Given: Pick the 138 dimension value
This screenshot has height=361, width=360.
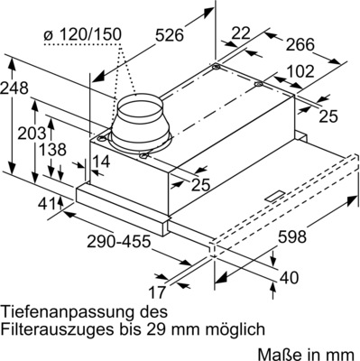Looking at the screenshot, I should pyautogui.click(x=51, y=150).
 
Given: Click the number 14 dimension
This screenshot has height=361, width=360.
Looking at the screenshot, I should pyautogui.click(x=100, y=162).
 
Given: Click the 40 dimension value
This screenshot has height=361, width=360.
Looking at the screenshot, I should pyautogui.click(x=288, y=278).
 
